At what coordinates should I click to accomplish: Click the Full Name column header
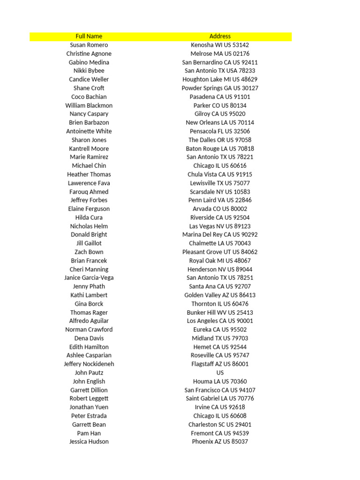(89, 36)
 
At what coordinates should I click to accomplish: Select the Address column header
(220, 36)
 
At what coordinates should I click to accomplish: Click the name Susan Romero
(89, 45)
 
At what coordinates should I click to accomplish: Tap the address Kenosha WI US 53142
(220, 45)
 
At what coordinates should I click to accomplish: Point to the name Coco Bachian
(89, 97)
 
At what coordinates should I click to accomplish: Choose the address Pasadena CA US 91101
(220, 97)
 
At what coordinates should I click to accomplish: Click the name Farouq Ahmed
(89, 192)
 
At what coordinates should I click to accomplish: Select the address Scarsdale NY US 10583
(220, 192)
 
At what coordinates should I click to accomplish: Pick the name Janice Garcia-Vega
(89, 277)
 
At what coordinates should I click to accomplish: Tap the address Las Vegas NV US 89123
(220, 226)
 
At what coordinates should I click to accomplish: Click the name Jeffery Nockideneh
(89, 364)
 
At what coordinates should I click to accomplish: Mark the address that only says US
(220, 373)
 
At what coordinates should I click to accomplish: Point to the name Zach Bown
(89, 252)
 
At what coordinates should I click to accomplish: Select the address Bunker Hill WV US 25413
(220, 312)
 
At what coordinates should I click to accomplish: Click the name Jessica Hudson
(89, 442)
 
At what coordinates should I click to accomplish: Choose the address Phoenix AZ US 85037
(220, 442)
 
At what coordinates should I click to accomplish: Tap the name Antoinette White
(89, 131)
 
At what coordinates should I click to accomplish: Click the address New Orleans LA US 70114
(220, 122)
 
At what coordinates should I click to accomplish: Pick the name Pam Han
(89, 433)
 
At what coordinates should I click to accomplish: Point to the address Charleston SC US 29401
(220, 424)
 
